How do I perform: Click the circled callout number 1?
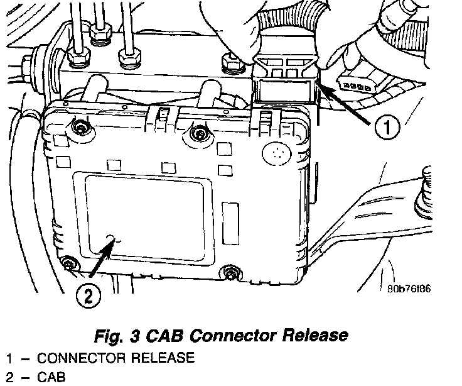tap(387, 128)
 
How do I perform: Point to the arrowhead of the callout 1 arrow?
tap(320, 87)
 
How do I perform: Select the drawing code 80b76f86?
tap(409, 290)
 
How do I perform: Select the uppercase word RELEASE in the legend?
tap(160, 358)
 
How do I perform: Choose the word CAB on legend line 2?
tap(51, 377)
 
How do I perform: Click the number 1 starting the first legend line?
tap(10, 358)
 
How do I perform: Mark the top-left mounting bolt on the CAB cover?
tap(78, 130)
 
